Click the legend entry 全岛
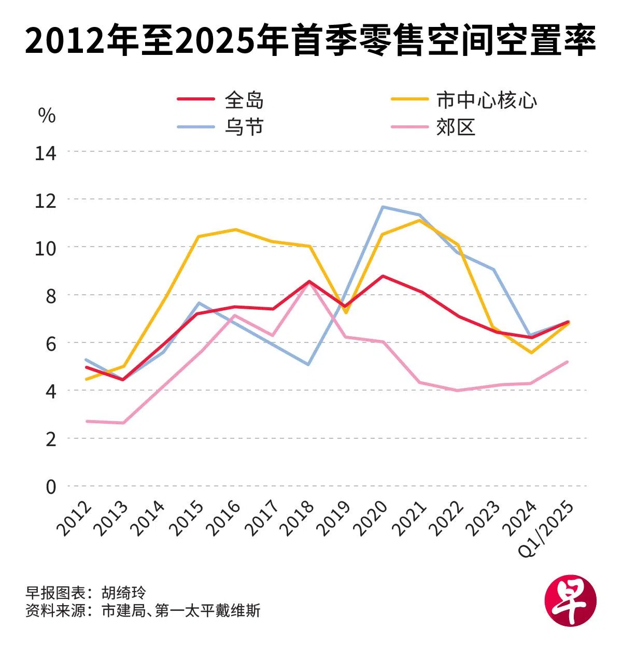tap(244, 100)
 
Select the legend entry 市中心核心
tap(486, 100)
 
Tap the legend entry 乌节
tap(244, 127)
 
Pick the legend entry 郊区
tap(456, 127)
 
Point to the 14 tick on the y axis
tap(46, 153)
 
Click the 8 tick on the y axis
tap(50, 296)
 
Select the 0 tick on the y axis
tap(50, 487)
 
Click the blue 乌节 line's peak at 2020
tap(383, 207)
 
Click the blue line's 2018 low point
tap(309, 365)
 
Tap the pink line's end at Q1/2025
tap(568, 362)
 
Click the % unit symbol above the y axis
tap(47, 116)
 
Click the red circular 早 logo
tap(570, 601)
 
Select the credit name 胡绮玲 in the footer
tap(124, 593)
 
